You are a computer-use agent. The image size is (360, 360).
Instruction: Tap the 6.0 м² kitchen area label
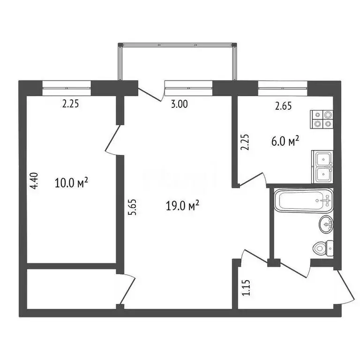[285, 141]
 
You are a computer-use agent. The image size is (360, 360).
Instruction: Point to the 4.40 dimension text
[33, 181]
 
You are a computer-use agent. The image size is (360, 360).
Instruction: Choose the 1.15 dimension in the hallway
[246, 287]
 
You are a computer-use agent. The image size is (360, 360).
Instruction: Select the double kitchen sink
[323, 167]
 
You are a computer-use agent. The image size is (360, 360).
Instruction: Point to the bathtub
[304, 201]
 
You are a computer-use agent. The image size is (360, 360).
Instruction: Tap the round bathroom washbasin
[326, 225]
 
